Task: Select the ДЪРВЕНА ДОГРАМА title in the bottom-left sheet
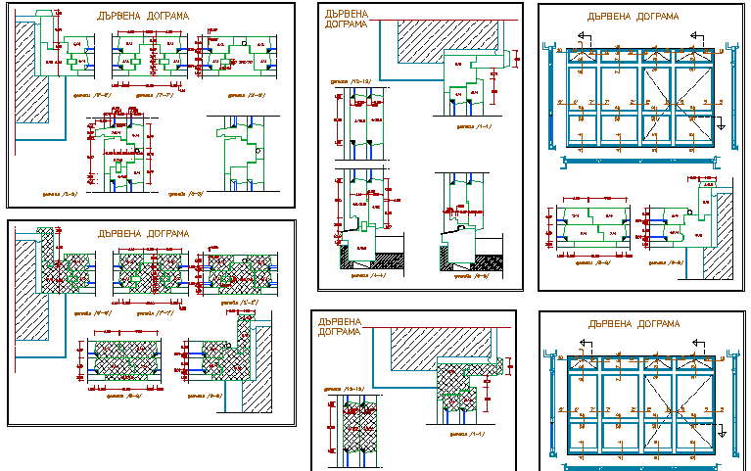click(x=144, y=234)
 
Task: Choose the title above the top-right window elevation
click(x=632, y=17)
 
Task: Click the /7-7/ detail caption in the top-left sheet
click(x=146, y=96)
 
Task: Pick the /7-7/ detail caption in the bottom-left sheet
click(x=146, y=314)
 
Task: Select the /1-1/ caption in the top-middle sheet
click(x=474, y=125)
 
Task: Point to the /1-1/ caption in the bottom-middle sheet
click(x=469, y=433)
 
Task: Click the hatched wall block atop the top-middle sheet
click(x=446, y=38)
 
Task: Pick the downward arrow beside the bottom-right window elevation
click(x=720, y=429)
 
